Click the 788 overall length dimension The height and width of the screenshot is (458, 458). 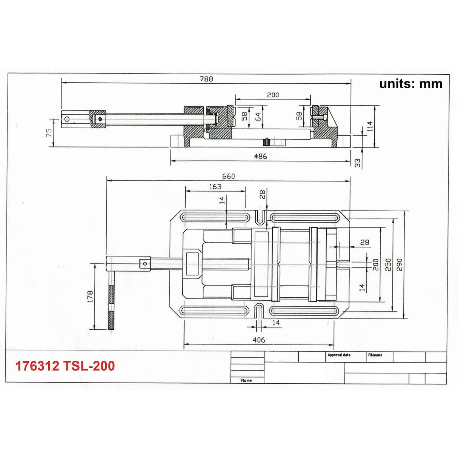[206, 79]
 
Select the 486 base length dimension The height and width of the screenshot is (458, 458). [260, 156]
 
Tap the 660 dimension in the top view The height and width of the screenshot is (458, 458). [228, 176]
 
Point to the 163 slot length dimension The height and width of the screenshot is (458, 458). [215, 186]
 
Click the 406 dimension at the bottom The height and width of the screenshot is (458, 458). [258, 340]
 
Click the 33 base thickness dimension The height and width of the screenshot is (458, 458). [358, 162]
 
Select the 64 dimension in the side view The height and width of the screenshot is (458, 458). [258, 117]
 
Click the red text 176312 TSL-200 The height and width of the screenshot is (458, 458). [65, 366]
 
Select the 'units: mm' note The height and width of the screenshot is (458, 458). [411, 83]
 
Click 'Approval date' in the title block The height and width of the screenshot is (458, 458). [339, 355]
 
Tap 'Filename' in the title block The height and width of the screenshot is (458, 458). [375, 355]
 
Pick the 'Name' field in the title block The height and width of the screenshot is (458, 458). [246, 380]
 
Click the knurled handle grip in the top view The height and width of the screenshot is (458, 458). [112, 308]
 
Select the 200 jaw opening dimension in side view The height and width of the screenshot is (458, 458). [273, 95]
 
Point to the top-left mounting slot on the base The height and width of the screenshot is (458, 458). [215, 218]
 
